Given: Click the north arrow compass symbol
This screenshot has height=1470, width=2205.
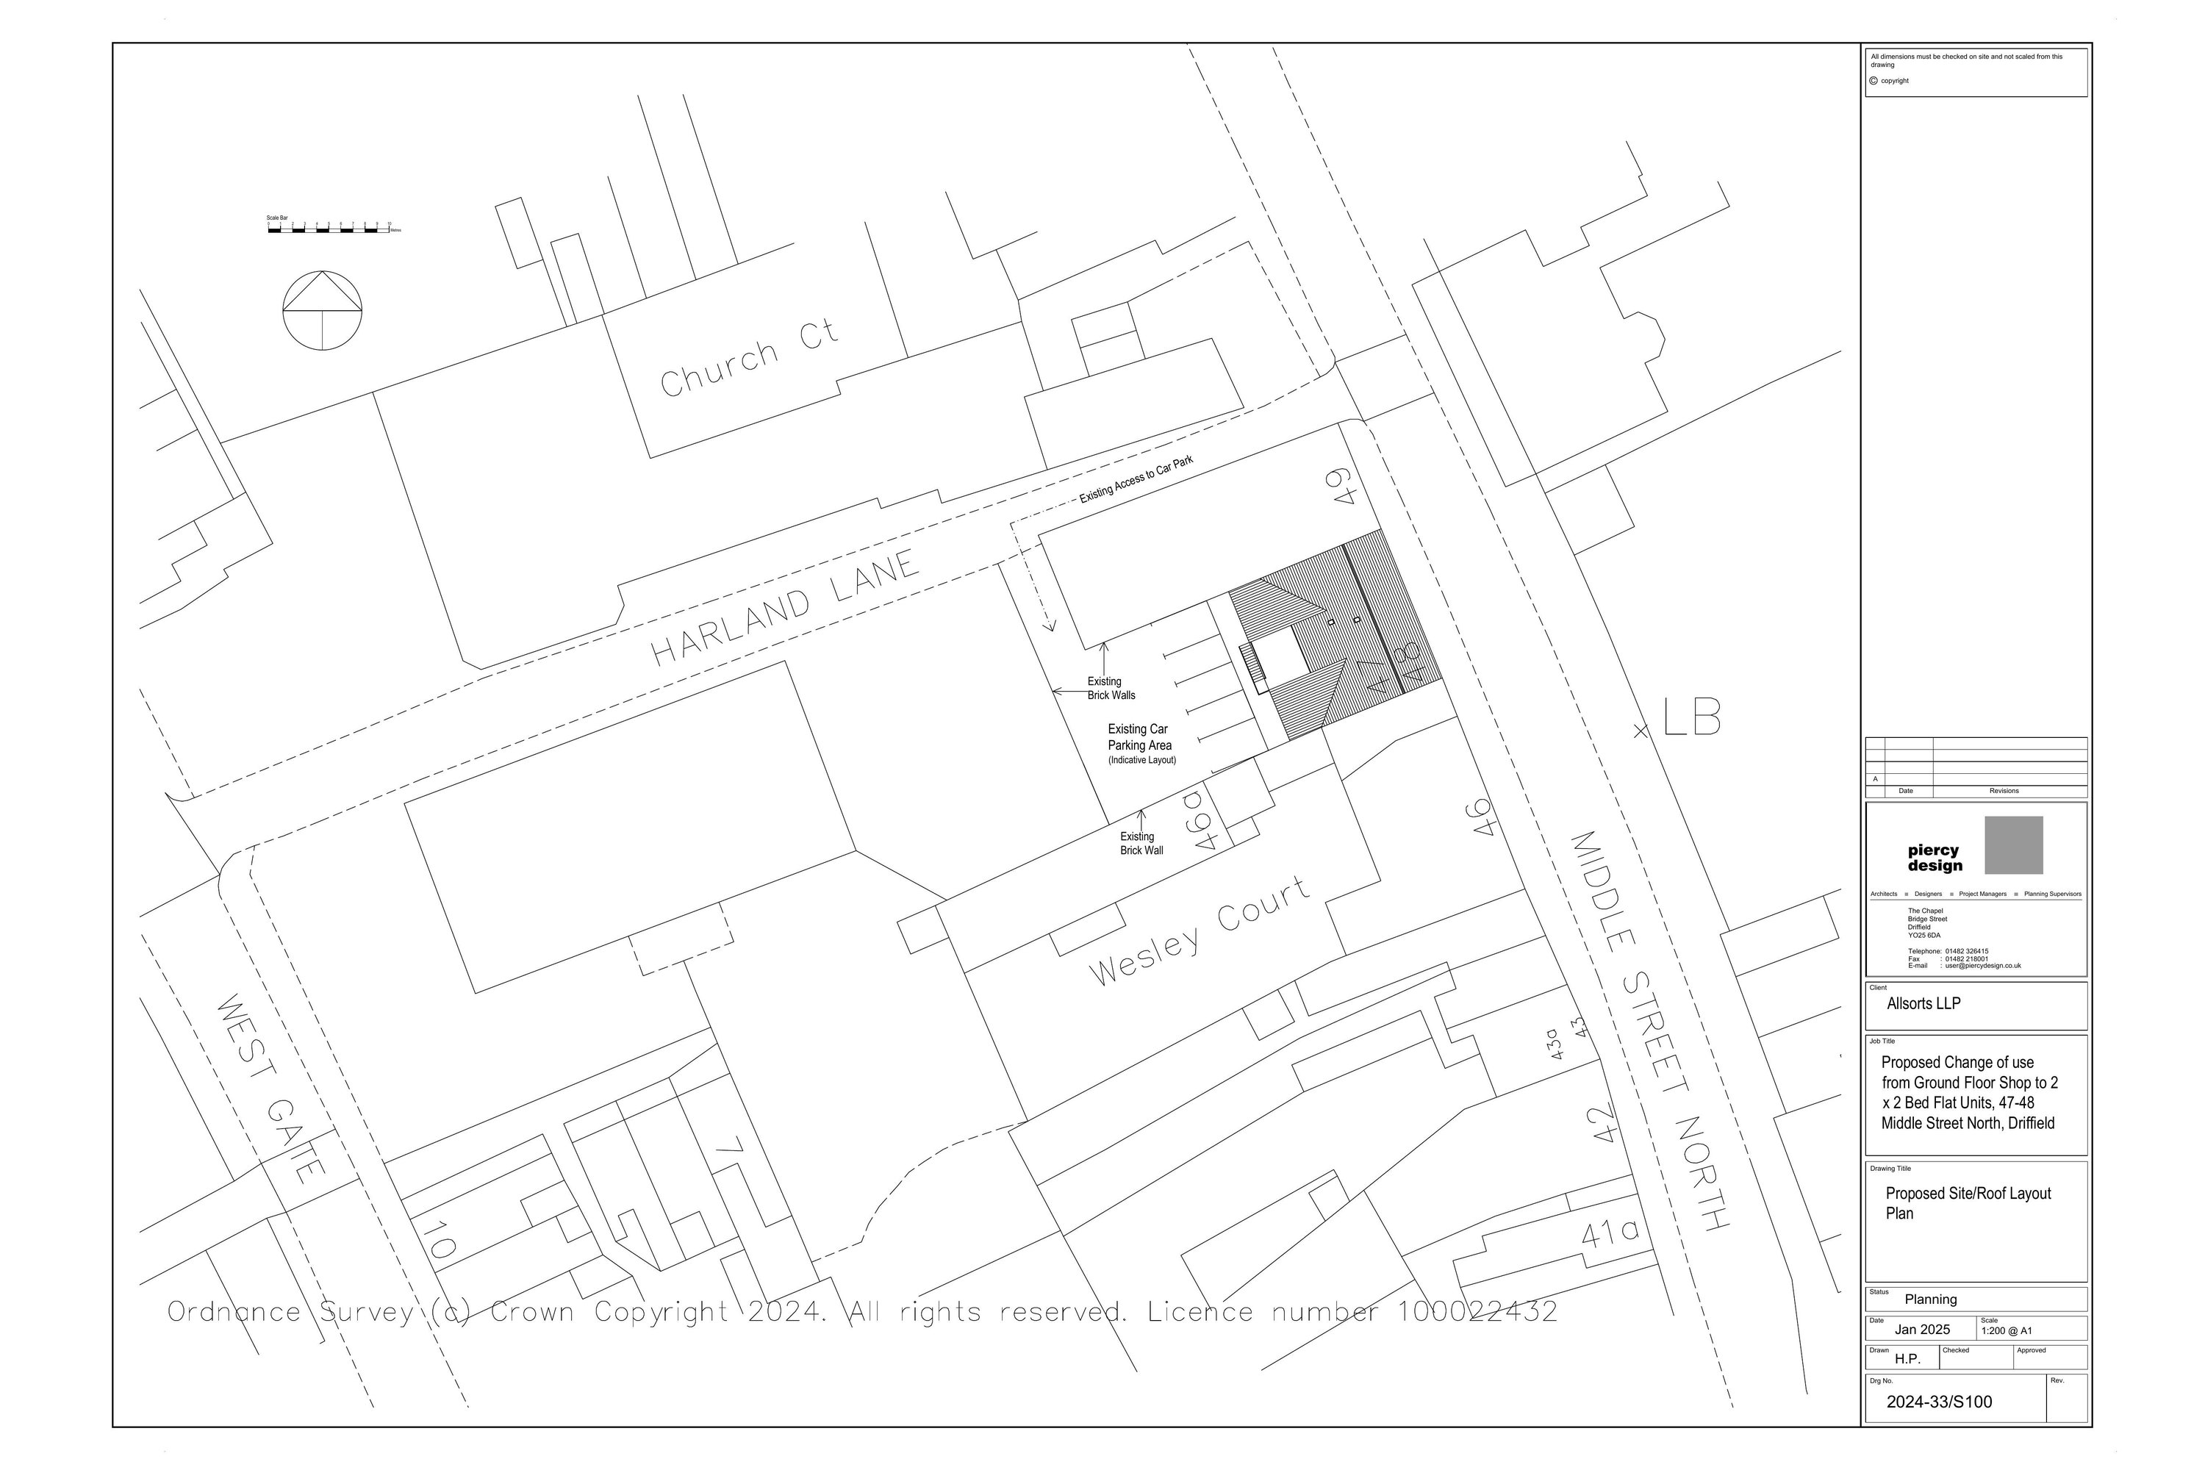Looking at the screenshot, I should [x=323, y=310].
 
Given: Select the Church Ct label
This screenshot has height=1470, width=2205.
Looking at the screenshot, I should [x=748, y=358].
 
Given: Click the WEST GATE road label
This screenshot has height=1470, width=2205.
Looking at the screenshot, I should [x=271, y=1088].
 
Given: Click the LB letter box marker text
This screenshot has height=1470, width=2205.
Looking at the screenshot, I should [x=1691, y=718].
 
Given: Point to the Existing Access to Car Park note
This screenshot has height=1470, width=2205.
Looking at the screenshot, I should [x=1136, y=479].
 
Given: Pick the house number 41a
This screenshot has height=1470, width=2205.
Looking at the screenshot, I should [x=1610, y=1232].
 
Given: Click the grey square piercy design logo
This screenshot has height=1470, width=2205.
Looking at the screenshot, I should [x=2013, y=845].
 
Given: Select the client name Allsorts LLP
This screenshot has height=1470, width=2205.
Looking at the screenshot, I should [x=1923, y=1004].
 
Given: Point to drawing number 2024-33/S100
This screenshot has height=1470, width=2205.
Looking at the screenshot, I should [x=1939, y=1402].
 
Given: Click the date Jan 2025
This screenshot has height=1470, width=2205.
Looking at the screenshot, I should [x=1921, y=1330].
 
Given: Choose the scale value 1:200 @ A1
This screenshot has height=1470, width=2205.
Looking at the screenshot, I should [x=2007, y=1330].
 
